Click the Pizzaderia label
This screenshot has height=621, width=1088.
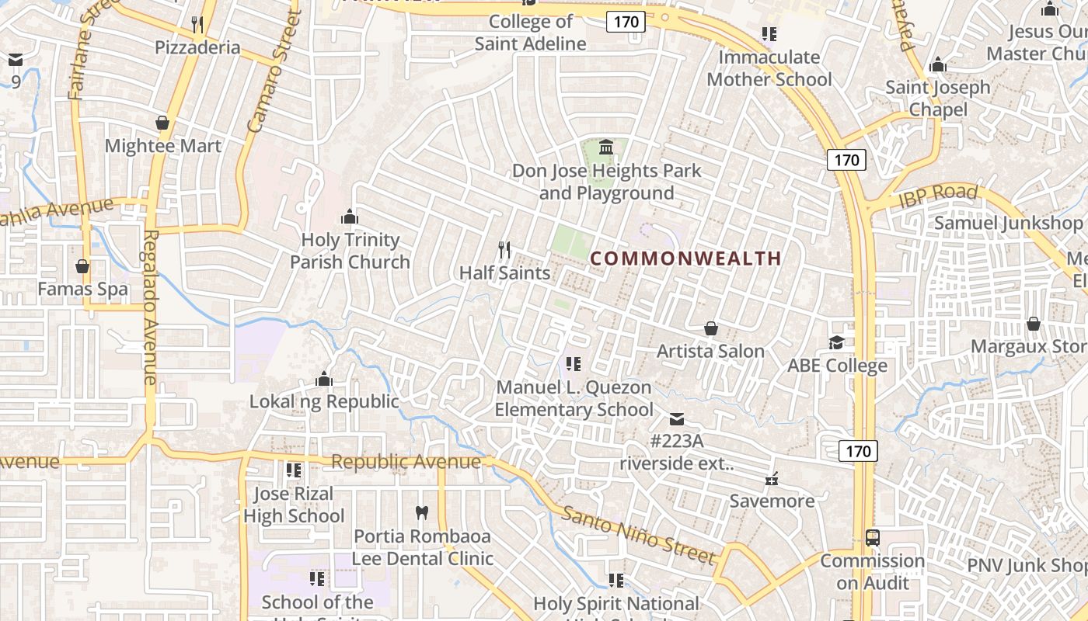click(x=197, y=47)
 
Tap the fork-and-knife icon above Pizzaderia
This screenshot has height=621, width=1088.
click(x=197, y=25)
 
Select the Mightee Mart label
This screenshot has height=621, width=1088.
click(x=162, y=146)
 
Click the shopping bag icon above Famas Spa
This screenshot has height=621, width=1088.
click(x=82, y=267)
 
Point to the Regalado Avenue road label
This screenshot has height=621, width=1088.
click(x=151, y=307)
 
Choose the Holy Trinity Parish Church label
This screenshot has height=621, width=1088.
click(x=350, y=251)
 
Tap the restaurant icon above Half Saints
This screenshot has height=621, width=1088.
click(x=505, y=250)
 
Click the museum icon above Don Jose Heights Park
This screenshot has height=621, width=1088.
click(x=606, y=147)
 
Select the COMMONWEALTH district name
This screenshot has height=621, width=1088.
click(x=685, y=258)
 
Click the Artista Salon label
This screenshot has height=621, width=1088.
click(x=710, y=351)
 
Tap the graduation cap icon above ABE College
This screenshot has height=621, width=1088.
click(x=836, y=342)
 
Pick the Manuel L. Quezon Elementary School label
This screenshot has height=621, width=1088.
click(x=574, y=398)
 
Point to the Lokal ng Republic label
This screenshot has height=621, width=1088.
click(x=324, y=401)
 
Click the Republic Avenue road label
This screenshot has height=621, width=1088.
click(x=406, y=462)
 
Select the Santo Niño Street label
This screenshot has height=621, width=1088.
click(x=638, y=535)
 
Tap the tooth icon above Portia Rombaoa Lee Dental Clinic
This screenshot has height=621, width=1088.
click(x=422, y=513)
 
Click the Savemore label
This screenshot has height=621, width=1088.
click(x=772, y=501)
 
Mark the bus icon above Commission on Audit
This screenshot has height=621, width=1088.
click(x=873, y=538)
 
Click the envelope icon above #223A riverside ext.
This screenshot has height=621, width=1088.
click(x=677, y=419)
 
